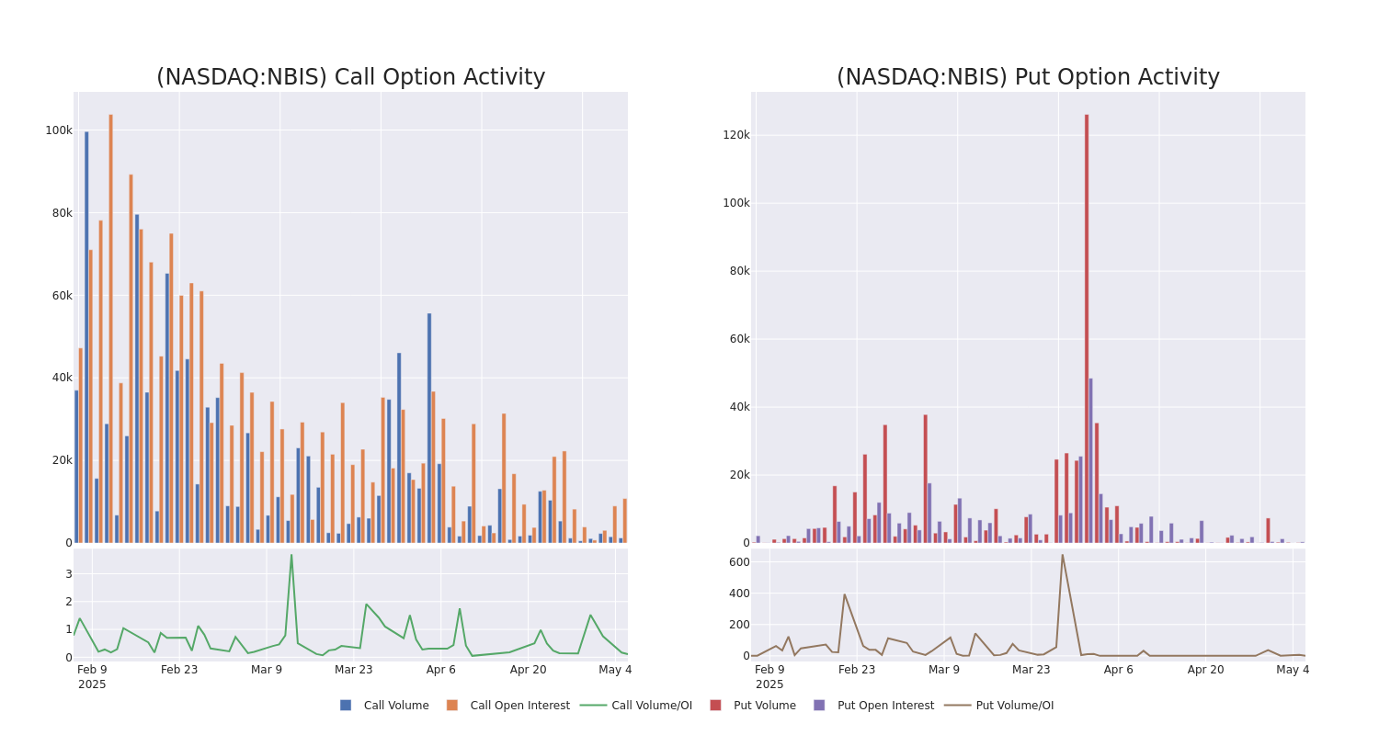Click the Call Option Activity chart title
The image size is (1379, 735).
point(350,77)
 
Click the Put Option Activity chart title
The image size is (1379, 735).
point(1028,77)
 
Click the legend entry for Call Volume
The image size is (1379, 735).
point(385,706)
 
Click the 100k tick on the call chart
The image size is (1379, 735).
point(59,130)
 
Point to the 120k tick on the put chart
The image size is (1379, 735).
point(735,135)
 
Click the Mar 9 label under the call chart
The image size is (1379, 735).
point(267,670)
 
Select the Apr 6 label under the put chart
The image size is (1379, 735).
point(1119,670)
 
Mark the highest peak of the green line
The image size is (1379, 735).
point(291,554)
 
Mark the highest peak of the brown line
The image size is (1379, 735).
point(1062,554)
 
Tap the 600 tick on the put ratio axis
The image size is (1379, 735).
point(739,562)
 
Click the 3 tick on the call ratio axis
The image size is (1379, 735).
point(68,574)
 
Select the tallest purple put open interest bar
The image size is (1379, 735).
point(1091,460)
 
